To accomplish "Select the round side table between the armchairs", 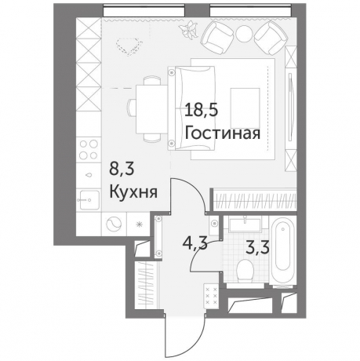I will [244, 32].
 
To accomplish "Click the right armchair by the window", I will [271, 35].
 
